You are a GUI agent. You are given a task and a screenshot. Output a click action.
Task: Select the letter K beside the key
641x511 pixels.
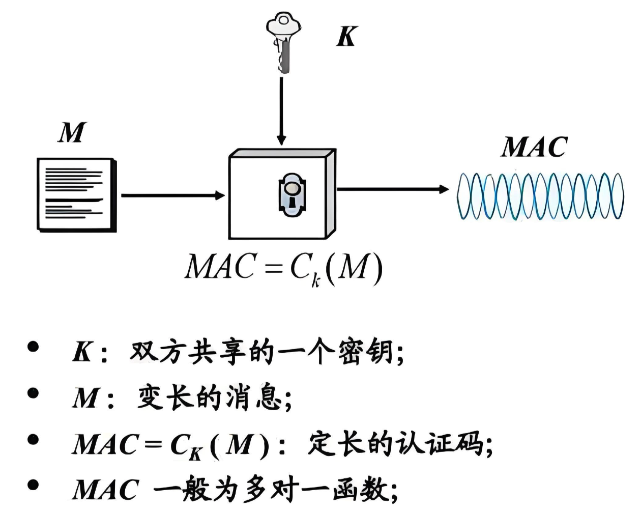click(x=347, y=36)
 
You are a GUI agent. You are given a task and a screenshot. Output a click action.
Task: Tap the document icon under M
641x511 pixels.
click(x=76, y=195)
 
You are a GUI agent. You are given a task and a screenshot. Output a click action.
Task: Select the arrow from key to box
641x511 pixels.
click(x=281, y=109)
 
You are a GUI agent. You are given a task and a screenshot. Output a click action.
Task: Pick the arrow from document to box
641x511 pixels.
click(x=173, y=195)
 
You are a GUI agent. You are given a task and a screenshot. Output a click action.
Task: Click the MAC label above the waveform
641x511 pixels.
click(x=534, y=148)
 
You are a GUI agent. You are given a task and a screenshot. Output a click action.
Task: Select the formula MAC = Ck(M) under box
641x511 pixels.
click(x=283, y=268)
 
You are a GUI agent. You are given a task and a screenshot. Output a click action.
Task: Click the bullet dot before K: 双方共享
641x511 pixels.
click(x=34, y=348)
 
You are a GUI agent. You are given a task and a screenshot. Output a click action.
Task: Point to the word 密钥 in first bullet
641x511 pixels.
click(x=366, y=352)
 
